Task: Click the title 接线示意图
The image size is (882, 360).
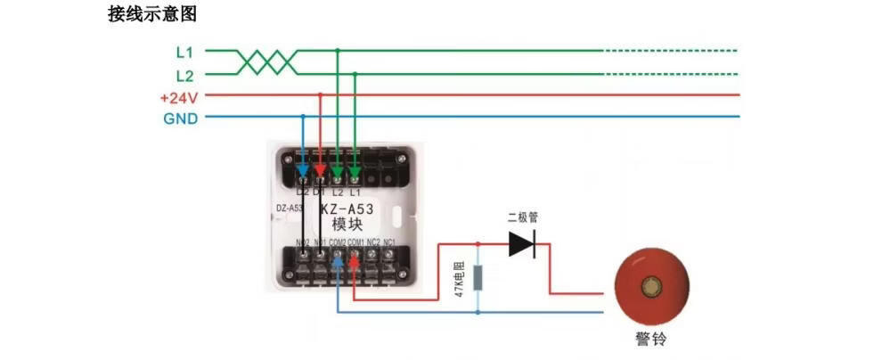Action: pyautogui.click(x=151, y=15)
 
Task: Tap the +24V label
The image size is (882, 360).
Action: pyautogui.click(x=178, y=96)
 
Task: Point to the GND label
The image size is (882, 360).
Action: pyautogui.click(x=180, y=118)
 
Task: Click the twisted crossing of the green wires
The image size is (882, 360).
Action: pyautogui.click(x=266, y=62)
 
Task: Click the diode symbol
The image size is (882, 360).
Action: pyautogui.click(x=521, y=244)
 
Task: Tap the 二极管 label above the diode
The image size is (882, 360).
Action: pyautogui.click(x=523, y=217)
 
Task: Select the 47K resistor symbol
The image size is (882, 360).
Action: pyautogui.click(x=478, y=278)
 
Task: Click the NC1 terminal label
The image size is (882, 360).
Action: pyautogui.click(x=389, y=242)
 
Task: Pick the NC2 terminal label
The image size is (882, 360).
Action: pyautogui.click(x=372, y=242)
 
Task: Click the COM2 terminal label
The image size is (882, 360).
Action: pyautogui.click(x=338, y=242)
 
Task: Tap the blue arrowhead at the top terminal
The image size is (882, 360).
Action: pyautogui.click(x=303, y=169)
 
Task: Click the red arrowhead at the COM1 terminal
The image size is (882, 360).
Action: pyautogui.click(x=355, y=265)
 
